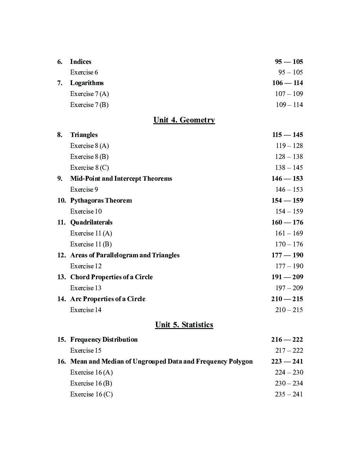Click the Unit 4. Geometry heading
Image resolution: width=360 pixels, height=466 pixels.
pos(184,120)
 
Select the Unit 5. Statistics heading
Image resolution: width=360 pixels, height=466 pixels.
pos(184,325)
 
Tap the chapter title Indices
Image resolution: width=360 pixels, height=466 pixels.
pos(80,62)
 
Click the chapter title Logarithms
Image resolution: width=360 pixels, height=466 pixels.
pos(87,83)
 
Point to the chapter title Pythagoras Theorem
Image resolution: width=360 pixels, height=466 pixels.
pos(101,201)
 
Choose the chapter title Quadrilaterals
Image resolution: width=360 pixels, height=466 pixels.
pos(91,222)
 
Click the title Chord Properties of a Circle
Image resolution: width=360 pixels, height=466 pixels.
pos(111,277)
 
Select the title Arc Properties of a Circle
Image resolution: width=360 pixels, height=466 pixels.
pos(108,299)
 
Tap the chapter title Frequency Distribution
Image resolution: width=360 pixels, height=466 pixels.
pos(104,340)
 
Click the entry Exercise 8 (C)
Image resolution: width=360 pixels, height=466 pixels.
pos(89,168)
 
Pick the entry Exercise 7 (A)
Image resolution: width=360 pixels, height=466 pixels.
pos(89,94)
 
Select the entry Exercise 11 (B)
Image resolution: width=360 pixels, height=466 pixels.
pos(91,244)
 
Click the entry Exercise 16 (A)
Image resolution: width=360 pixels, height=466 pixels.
pos(91,372)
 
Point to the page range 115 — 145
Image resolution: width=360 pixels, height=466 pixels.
pos(287,135)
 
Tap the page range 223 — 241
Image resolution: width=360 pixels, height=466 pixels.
pos(287,362)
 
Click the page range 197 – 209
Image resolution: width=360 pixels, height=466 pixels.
pos(289,288)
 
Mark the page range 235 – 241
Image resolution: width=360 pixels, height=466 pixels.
pos(289,394)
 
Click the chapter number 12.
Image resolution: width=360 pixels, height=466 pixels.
pos(61,255)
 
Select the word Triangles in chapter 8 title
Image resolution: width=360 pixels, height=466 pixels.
pos(84,135)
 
